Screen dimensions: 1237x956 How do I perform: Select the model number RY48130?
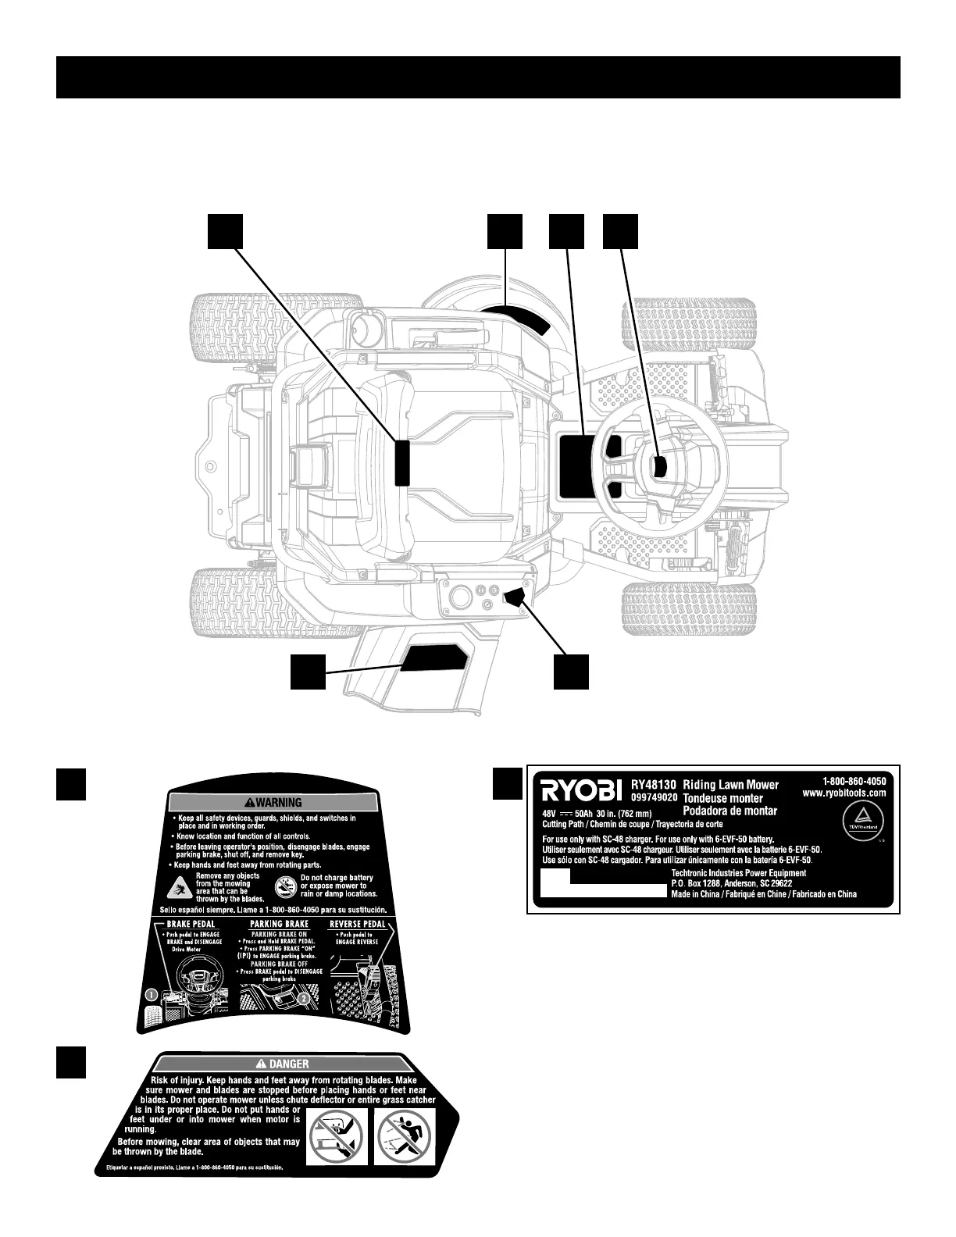pos(654,784)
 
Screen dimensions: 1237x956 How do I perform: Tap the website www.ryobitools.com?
pos(844,793)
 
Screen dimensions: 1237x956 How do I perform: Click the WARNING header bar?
pos(273,802)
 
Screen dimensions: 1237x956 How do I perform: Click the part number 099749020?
pos(654,798)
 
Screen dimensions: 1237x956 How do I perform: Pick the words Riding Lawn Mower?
pos(731,784)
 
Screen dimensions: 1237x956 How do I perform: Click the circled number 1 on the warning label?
pos(152,995)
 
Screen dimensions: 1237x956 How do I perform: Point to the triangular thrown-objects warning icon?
pos(181,886)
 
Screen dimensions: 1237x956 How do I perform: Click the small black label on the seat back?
pos(402,462)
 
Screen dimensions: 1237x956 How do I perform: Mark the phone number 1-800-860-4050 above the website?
pos(854,779)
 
